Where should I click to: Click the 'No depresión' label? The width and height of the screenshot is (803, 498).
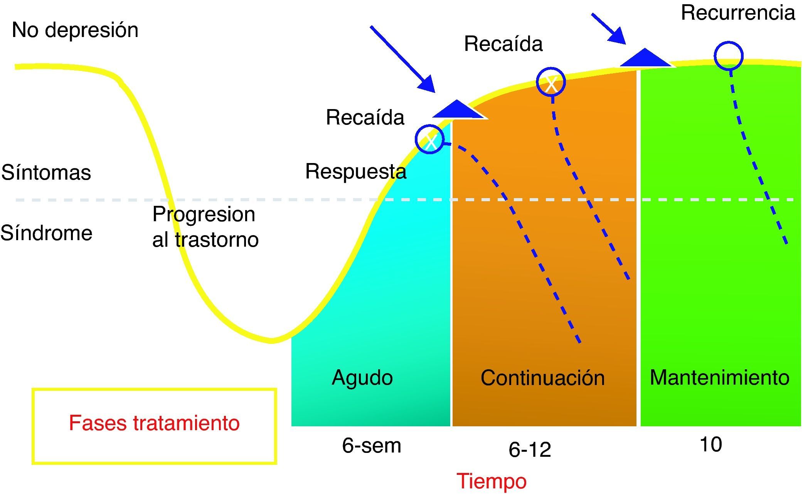[75, 30]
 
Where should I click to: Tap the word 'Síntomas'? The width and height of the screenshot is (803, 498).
[46, 172]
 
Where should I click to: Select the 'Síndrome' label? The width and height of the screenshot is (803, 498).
[46, 233]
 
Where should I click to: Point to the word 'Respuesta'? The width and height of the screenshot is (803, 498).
[355, 172]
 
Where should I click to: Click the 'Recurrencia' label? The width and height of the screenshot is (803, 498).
[738, 13]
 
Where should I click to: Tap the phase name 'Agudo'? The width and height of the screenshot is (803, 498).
[362, 377]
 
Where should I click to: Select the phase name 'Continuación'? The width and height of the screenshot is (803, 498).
[542, 378]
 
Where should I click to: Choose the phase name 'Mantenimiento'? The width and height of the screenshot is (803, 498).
[719, 377]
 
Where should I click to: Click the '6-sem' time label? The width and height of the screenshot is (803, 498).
[371, 446]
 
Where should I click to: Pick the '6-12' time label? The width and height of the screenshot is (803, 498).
[530, 449]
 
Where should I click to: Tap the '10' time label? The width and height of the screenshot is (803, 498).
[710, 444]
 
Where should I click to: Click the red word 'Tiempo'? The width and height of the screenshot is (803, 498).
[492, 481]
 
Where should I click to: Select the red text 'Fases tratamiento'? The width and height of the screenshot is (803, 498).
[154, 423]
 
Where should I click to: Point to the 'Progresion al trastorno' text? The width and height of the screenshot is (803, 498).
[205, 227]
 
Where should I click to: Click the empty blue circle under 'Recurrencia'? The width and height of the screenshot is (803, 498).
[728, 56]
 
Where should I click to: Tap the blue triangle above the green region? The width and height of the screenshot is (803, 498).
[645, 58]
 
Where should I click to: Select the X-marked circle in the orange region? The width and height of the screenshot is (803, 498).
[551, 82]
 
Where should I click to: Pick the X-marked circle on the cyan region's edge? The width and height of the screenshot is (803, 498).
[429, 140]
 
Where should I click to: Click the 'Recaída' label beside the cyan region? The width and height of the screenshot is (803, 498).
[365, 117]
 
